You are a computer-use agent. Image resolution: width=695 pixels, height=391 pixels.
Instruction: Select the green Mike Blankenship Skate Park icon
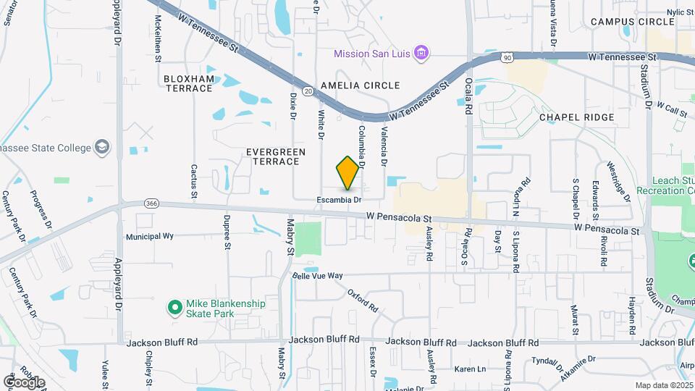(174, 308)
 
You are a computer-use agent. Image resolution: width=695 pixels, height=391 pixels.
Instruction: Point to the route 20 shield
(308, 91)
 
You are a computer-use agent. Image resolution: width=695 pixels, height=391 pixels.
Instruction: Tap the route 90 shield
(507, 56)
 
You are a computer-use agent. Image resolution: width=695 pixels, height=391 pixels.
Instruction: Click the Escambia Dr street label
(338, 199)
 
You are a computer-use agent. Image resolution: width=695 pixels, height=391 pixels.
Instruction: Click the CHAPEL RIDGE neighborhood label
(576, 117)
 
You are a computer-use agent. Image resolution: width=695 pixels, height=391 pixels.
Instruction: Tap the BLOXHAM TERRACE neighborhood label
(188, 83)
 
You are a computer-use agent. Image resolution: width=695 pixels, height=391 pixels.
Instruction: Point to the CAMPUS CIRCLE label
(632, 22)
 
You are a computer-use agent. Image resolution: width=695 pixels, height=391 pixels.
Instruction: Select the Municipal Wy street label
(150, 236)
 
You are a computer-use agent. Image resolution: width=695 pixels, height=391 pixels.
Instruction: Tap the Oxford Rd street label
(363, 300)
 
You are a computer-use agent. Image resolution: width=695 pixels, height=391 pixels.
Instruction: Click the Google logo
(24, 382)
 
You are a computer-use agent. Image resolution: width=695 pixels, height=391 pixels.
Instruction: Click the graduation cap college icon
(103, 147)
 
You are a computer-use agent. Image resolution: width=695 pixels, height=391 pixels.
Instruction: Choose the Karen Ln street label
(471, 369)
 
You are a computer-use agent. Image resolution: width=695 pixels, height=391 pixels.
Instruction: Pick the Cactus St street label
(194, 181)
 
